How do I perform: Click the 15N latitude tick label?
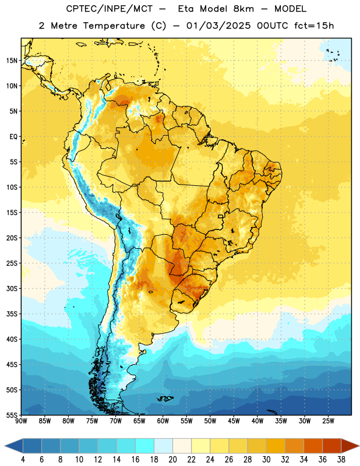[12, 61]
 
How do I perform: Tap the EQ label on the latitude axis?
[13, 137]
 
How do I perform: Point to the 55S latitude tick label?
[12, 415]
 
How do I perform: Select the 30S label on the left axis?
[12, 288]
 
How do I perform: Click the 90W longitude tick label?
[21, 421]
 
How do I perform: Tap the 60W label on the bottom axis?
[163, 421]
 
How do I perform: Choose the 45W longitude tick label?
[234, 421]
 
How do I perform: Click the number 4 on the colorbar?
[23, 460]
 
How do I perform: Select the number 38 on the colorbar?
[341, 460]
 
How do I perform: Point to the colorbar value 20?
[172, 460]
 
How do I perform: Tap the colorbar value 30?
[266, 460]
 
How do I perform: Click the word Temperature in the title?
[114, 26]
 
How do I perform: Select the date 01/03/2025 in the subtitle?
[218, 26]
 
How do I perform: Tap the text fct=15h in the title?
[314, 26]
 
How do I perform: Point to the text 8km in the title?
[243, 9]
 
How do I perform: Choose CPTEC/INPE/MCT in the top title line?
[110, 9]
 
